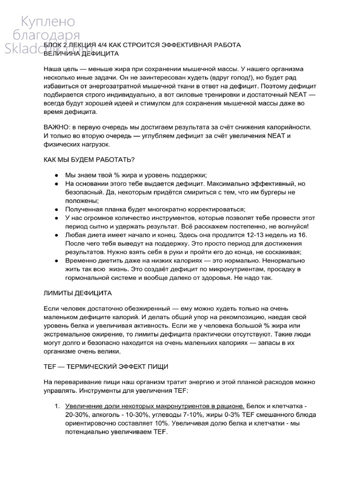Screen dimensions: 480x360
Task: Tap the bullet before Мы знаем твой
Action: [x=56, y=174]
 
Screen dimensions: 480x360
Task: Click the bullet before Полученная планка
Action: [x=56, y=209]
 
